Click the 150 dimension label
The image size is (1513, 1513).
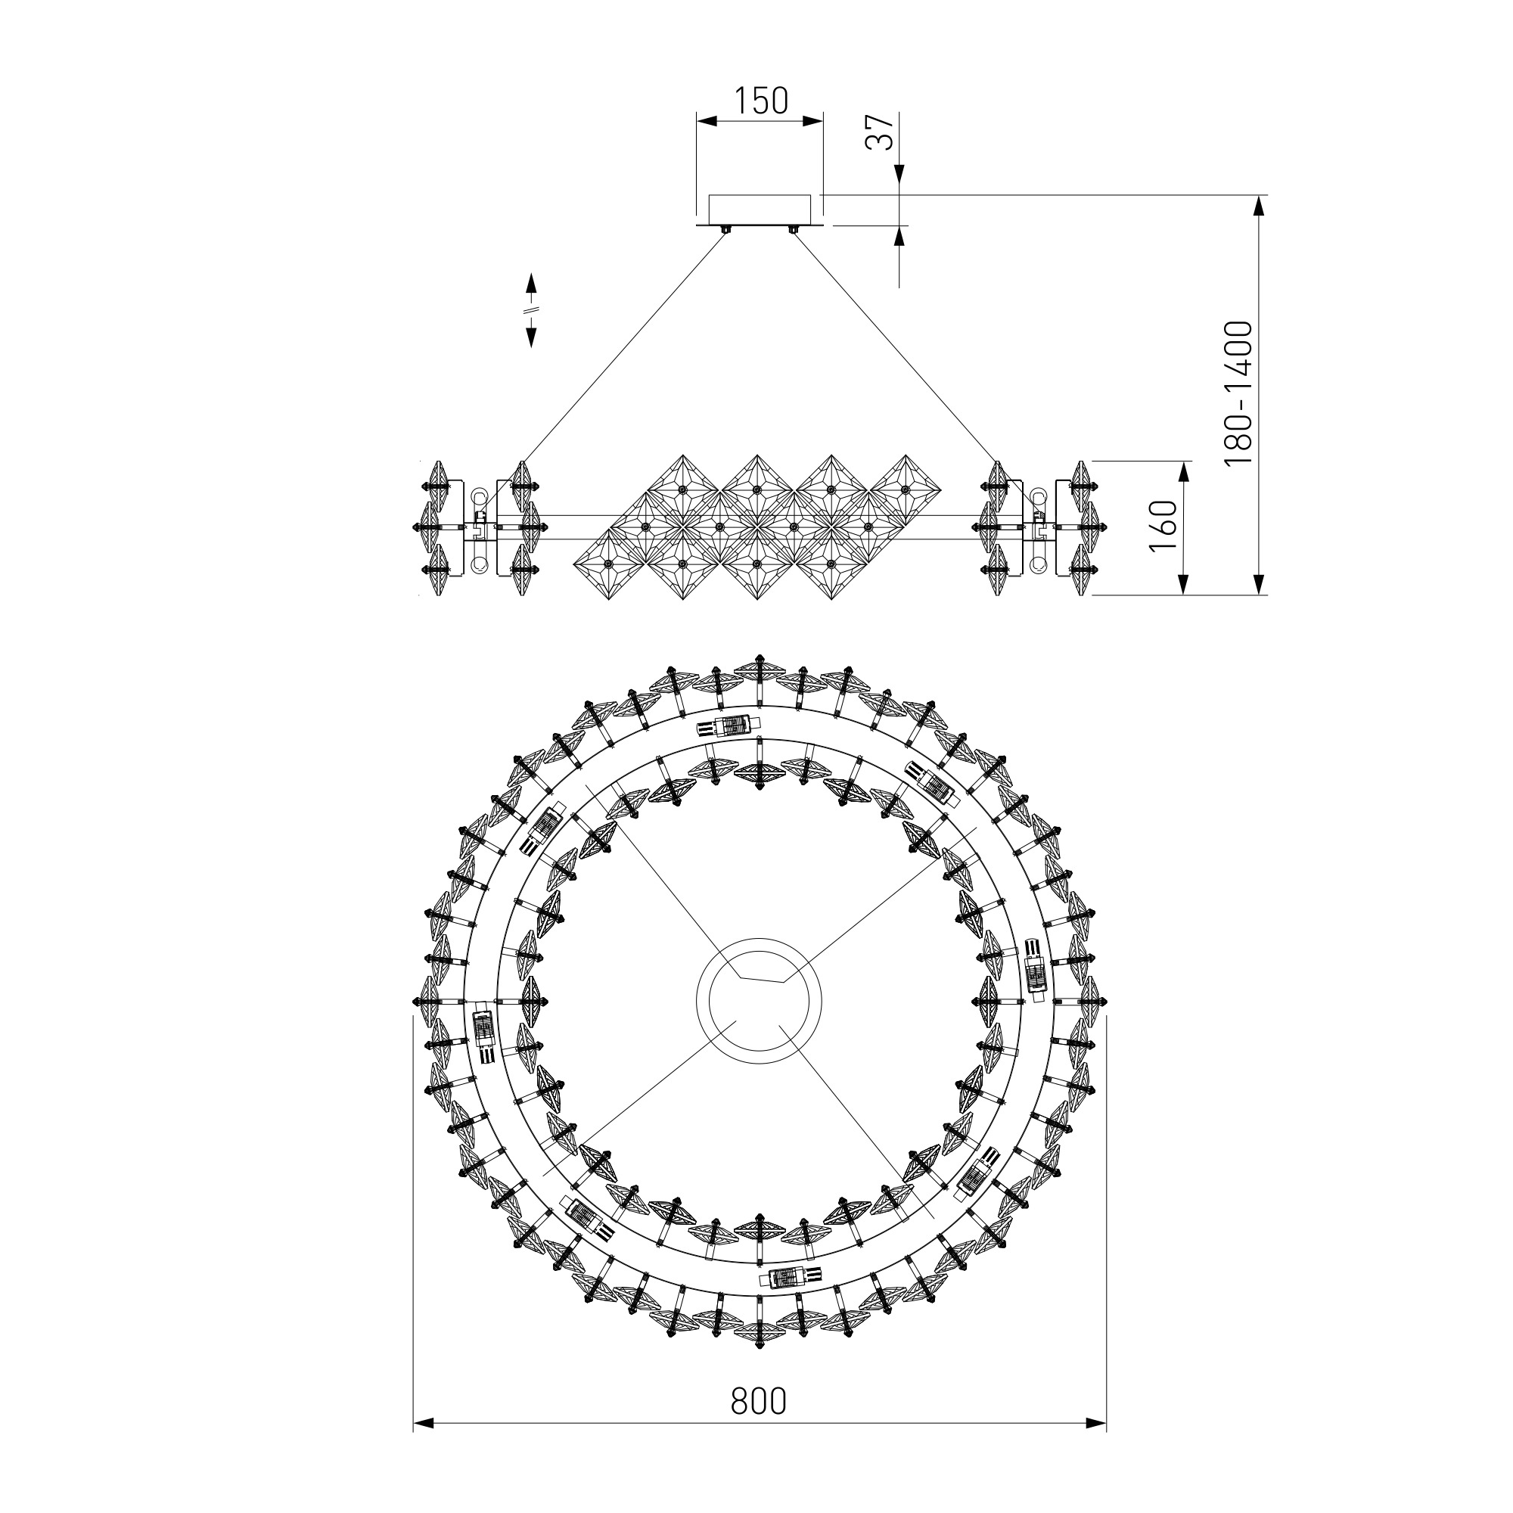click(760, 101)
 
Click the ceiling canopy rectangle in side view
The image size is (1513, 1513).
click(760, 210)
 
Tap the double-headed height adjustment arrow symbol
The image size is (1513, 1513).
click(530, 310)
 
